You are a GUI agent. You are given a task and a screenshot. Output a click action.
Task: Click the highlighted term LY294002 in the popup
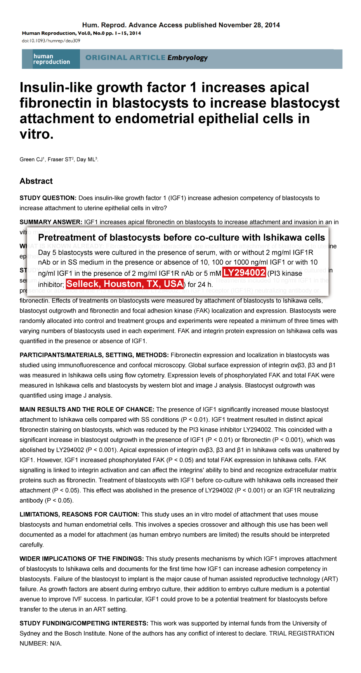244,273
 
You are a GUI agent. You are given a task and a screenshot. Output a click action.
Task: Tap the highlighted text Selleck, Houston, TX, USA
125,284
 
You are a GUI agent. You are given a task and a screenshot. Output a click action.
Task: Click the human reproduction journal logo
51,59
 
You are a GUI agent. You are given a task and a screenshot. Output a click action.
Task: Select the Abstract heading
36,181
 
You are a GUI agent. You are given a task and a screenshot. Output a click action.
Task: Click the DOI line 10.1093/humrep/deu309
51,41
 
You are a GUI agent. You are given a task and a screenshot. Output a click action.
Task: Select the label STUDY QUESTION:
48,198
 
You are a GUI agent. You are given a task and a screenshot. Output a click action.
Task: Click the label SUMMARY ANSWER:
51,222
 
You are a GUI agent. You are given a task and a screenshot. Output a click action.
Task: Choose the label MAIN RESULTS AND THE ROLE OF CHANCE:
87,409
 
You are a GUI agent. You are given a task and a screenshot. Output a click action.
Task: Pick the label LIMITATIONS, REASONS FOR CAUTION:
79,514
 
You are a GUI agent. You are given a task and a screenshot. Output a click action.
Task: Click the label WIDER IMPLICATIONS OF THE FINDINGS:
82,559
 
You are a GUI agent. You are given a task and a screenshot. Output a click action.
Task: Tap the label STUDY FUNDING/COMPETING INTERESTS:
84,623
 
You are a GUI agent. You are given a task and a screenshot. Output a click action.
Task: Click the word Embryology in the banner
187,58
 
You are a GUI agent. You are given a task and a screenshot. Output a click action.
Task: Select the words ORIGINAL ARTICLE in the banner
125,58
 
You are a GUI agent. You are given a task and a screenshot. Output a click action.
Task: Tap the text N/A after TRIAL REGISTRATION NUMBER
56,643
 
